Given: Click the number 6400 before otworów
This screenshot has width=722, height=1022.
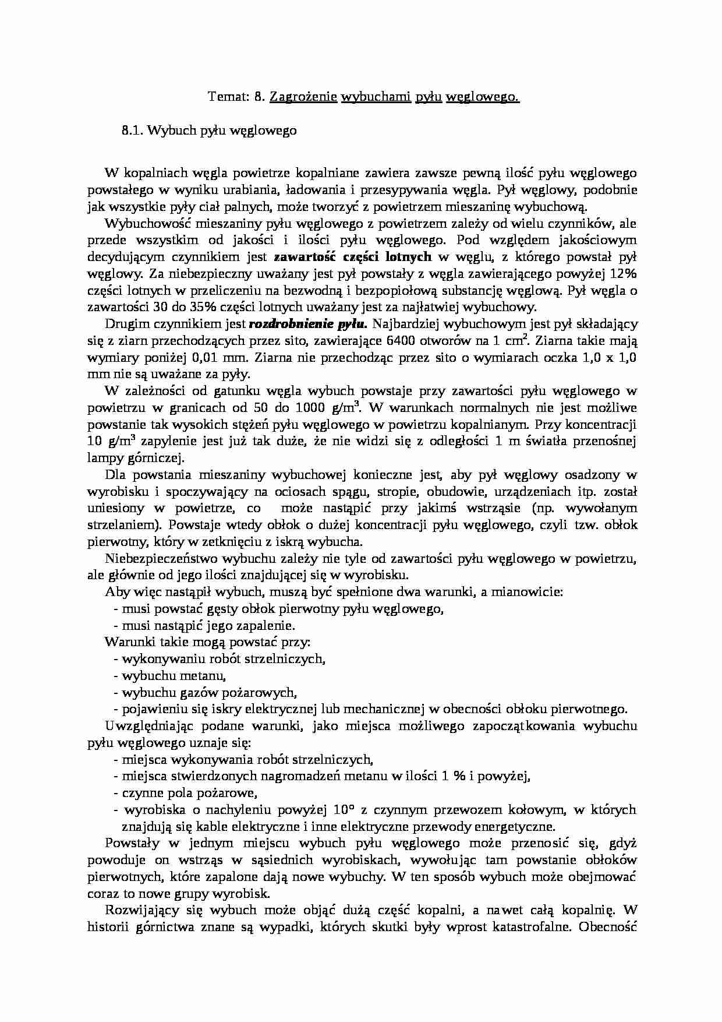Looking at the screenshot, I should tap(400, 341).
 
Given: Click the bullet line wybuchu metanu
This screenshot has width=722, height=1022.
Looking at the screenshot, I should tap(173, 676).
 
